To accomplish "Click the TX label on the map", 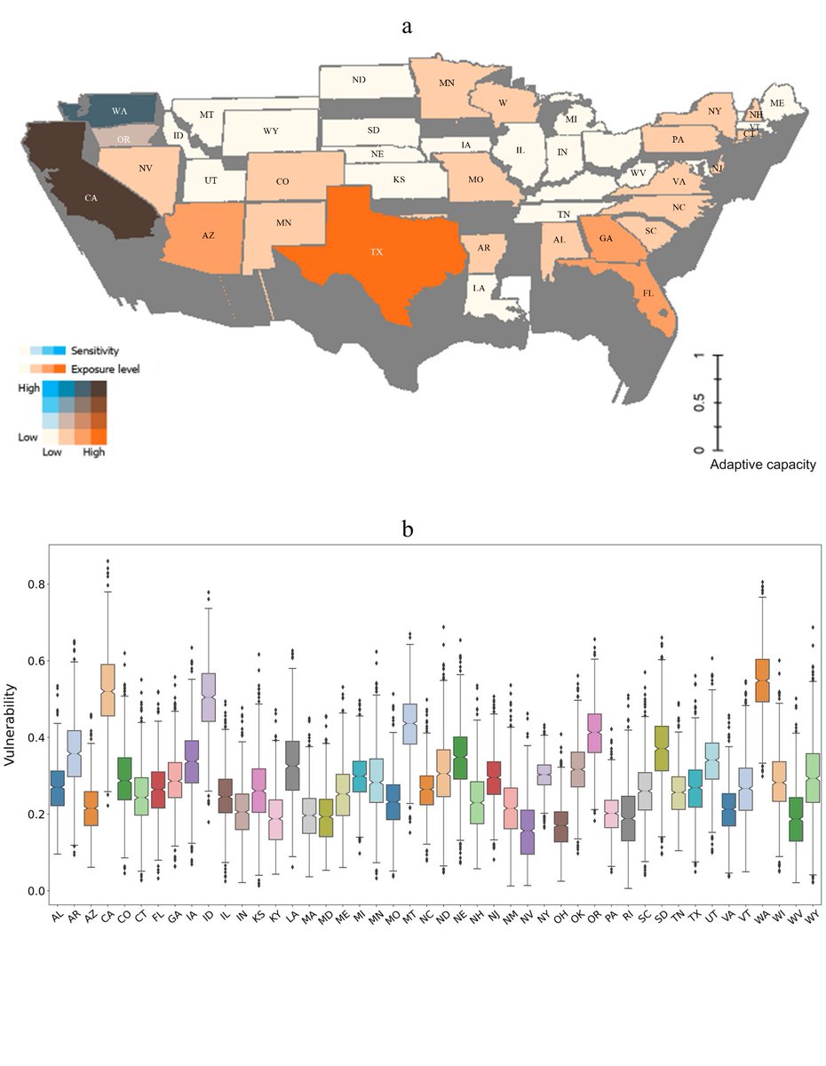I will [x=377, y=252].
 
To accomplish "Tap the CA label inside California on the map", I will [x=91, y=198].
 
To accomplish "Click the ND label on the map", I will [x=359, y=80].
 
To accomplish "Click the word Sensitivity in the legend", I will [x=95, y=351].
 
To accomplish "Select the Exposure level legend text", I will [x=105, y=368].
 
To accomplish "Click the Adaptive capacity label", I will [x=761, y=465].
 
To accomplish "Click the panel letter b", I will [x=408, y=529].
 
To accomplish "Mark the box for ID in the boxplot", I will [x=210, y=696].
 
